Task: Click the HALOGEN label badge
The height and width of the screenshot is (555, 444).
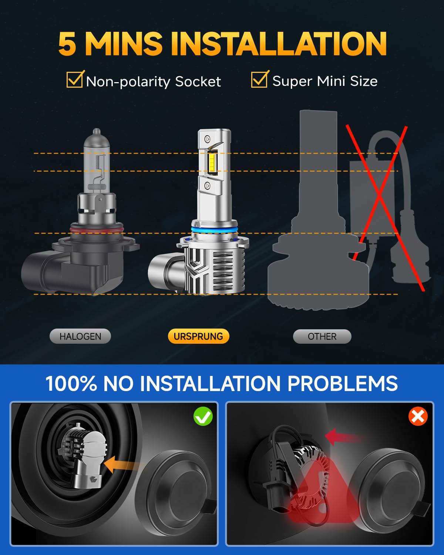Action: coord(80,336)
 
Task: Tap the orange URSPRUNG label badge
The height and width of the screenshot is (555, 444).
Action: coord(198,336)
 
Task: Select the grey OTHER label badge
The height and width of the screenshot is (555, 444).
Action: coord(322,336)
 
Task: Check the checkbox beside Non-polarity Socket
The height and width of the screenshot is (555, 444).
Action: coord(74,80)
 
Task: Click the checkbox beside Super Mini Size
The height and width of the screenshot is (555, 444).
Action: coord(259,80)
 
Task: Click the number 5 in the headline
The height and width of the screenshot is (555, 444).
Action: coord(67,44)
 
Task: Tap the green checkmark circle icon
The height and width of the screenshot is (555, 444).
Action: coord(203,416)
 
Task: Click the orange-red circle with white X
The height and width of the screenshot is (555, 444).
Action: coord(418,416)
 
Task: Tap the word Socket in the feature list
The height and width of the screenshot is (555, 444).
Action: coord(198,81)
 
